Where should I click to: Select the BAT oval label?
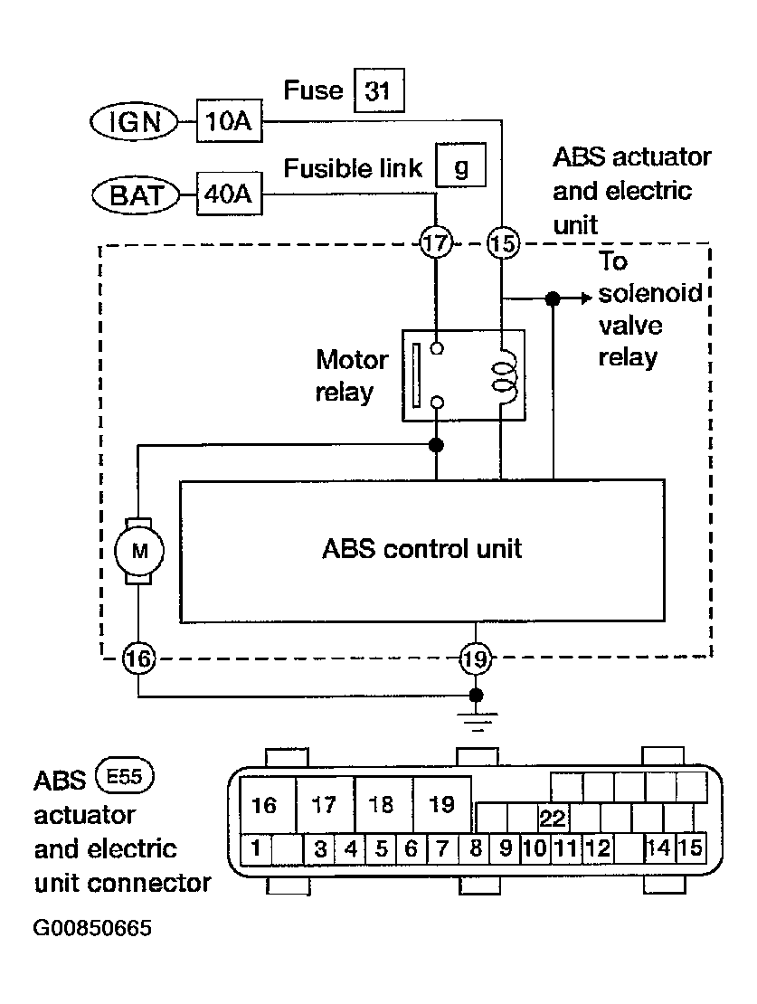click(x=137, y=194)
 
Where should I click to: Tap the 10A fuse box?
click(x=230, y=120)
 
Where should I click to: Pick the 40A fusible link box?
click(x=230, y=194)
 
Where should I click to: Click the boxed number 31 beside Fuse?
click(x=379, y=90)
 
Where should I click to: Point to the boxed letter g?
click(x=460, y=166)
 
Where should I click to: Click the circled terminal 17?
click(x=436, y=243)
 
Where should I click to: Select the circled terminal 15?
click(x=503, y=243)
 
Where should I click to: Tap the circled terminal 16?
click(x=138, y=658)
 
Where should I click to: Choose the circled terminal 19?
click(x=475, y=658)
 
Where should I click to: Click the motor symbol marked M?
click(x=139, y=551)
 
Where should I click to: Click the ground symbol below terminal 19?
click(x=476, y=720)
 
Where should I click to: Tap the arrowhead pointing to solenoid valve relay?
click(x=586, y=298)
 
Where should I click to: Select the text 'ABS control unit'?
click(x=422, y=549)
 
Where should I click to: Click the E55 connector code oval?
click(x=124, y=777)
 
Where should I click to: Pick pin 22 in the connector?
click(x=553, y=819)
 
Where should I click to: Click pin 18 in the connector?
click(x=383, y=804)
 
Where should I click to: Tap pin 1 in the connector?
click(x=256, y=848)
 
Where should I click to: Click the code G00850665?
click(x=92, y=928)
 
